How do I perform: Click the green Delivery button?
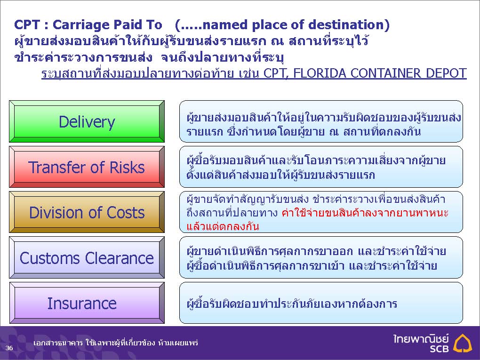(87, 121)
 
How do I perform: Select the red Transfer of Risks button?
(87, 167)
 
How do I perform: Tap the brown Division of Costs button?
(87, 212)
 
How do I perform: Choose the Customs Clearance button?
(87, 257)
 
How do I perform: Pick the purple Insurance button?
(87, 303)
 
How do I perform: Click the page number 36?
(9, 348)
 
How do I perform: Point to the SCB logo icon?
(463, 343)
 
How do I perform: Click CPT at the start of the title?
(27, 25)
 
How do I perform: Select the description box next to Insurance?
(321, 303)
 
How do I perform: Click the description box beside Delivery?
(321, 121)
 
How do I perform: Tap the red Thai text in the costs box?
(317, 219)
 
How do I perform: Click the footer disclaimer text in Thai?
(116, 343)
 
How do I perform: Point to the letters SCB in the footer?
(439, 348)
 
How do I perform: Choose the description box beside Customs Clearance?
(321, 257)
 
